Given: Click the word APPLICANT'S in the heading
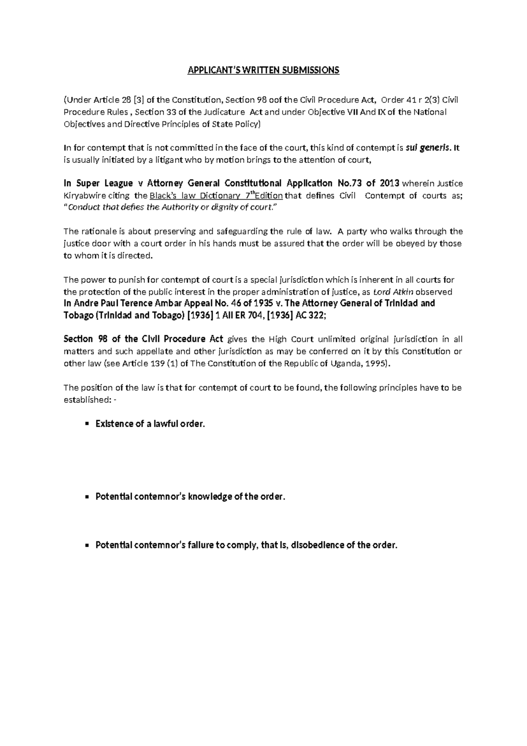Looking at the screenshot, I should tap(208, 70).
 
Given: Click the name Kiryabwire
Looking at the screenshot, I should tap(86, 196).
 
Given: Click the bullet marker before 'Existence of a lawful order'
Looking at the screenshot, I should tap(87, 424).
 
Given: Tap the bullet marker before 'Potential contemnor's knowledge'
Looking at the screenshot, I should tap(87, 497).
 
